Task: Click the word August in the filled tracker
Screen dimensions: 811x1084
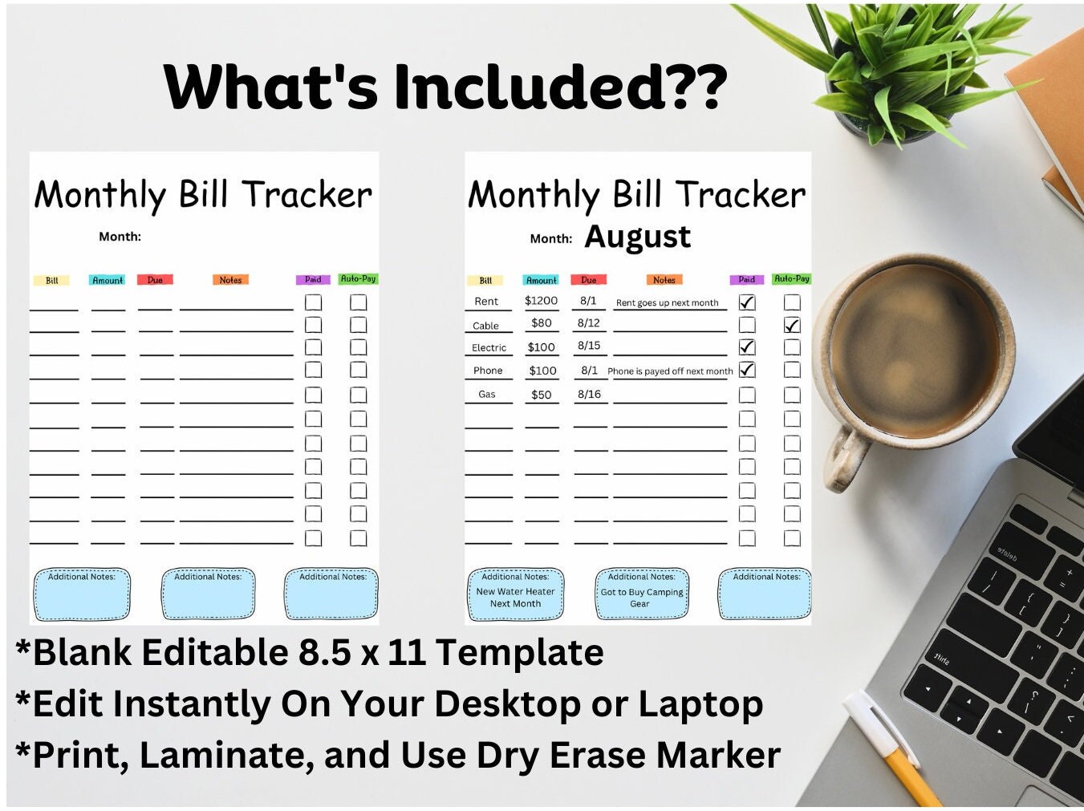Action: [637, 237]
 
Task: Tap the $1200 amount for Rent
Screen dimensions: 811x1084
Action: [541, 301]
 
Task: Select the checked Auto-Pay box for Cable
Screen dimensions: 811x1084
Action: [792, 325]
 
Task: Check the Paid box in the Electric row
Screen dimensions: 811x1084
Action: [747, 347]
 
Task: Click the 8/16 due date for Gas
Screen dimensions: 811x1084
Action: [589, 394]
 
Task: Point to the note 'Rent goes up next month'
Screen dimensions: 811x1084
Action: [667, 303]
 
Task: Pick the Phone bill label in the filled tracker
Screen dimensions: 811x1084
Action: [488, 371]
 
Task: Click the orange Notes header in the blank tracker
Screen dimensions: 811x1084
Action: [230, 280]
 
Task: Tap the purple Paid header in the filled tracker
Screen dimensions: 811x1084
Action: [747, 280]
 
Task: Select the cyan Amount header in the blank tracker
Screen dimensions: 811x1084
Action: [108, 281]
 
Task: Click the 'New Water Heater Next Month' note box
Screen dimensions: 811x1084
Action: [515, 595]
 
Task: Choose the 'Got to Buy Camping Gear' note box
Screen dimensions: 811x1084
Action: [642, 595]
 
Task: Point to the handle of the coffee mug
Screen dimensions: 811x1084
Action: [846, 457]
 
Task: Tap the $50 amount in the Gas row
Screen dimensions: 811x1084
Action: [542, 395]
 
